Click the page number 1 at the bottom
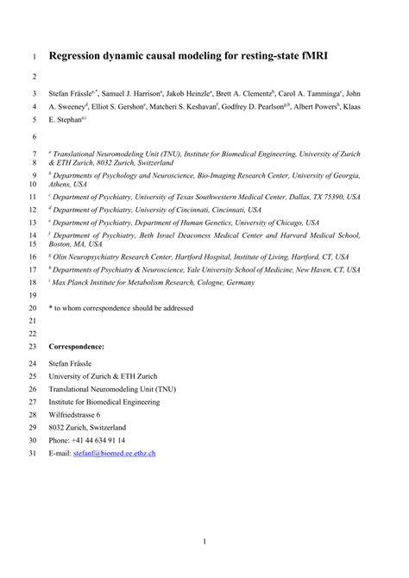pos(204,542)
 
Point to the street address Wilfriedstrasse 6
pos(81,413)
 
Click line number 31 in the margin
pos(34,453)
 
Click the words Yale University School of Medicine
pos(238,268)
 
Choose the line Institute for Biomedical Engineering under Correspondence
pos(104,400)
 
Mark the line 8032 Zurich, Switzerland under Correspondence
pos(88,427)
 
